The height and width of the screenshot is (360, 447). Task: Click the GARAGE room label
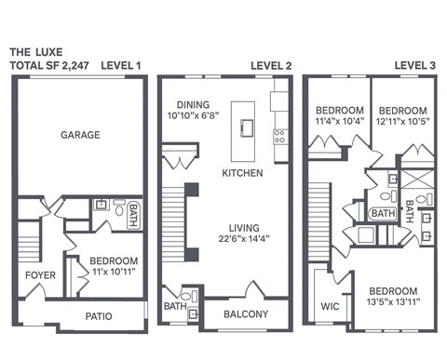(x=80, y=135)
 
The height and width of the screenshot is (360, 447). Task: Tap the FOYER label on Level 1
(x=40, y=275)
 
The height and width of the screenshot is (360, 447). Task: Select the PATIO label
(x=99, y=316)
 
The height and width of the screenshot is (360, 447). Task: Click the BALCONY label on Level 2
(x=246, y=314)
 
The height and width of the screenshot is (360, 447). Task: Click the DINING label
(x=188, y=105)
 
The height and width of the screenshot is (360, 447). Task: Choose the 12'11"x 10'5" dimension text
(x=403, y=121)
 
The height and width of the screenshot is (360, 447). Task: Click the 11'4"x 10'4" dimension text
(x=338, y=121)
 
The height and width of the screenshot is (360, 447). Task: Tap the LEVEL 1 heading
(x=120, y=66)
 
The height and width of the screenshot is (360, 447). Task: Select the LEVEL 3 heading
(x=416, y=65)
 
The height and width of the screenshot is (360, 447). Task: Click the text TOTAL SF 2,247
(x=46, y=66)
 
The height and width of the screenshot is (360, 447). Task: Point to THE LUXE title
(x=34, y=52)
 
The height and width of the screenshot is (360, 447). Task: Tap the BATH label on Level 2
(x=174, y=305)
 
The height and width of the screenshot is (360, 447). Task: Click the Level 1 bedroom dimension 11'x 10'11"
(x=114, y=272)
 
